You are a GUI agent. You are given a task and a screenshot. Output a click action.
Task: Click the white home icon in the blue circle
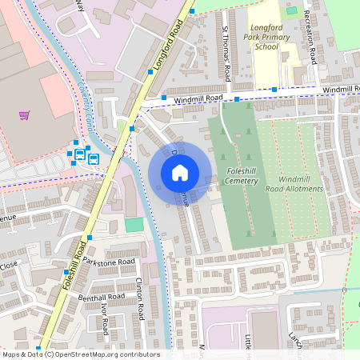(180, 173)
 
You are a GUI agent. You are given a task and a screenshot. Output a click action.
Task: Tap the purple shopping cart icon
(25, 116)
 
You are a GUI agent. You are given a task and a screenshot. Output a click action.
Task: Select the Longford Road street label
(170, 44)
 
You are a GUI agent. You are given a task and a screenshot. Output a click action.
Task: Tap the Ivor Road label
(104, 318)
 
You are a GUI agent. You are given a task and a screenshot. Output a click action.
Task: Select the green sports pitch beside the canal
(134, 225)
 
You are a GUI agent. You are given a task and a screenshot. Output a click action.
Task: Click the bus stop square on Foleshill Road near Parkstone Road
(90, 238)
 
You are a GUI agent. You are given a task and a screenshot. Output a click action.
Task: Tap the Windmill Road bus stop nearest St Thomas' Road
(237, 100)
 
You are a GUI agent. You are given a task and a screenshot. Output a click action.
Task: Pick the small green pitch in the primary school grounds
(291, 11)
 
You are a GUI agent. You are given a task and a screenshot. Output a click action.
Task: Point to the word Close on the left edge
(9, 264)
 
